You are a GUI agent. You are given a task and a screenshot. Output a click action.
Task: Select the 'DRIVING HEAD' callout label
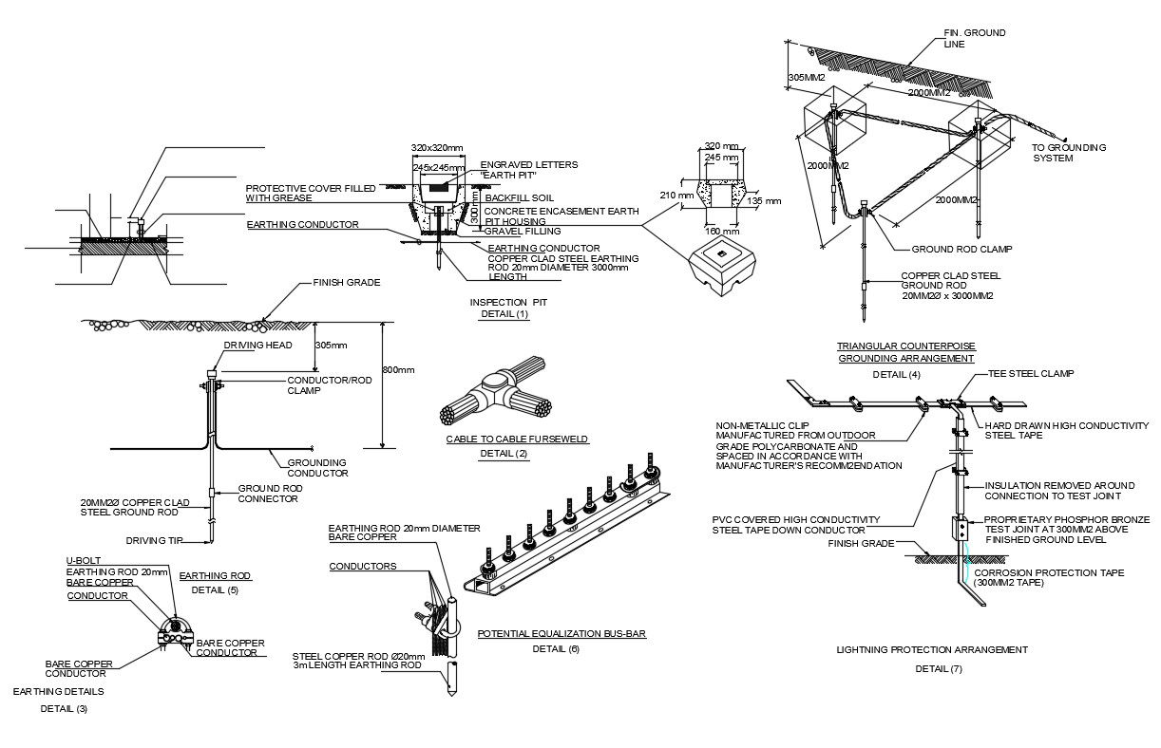257,346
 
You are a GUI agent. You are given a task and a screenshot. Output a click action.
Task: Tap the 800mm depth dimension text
398,370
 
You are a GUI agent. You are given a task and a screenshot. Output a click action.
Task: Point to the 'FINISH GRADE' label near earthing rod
347,283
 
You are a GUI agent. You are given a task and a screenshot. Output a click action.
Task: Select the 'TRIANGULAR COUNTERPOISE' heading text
905,346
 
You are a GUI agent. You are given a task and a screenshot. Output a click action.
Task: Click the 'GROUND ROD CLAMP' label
961,250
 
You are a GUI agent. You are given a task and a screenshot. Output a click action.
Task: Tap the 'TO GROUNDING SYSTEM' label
1069,153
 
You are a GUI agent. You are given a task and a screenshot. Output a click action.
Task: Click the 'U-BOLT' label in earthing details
84,561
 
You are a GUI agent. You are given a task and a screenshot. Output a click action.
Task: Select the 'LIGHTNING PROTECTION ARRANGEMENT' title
931,650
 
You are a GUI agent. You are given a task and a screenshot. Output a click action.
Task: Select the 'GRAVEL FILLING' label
522,231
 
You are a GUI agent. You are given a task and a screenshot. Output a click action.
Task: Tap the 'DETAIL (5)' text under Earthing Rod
215,589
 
